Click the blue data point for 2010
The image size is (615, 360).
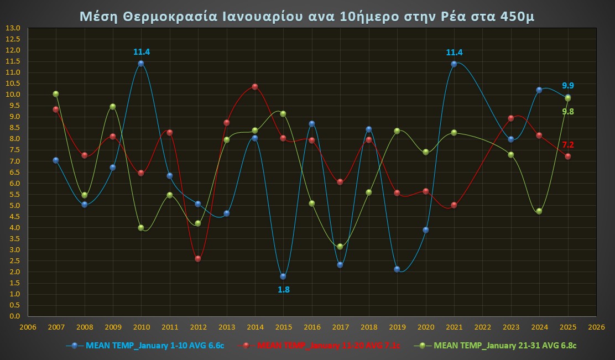[141, 64]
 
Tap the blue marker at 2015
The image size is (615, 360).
[283, 276]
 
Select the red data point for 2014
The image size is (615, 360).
[255, 87]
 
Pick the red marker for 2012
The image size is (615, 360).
[198, 259]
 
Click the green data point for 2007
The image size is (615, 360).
[56, 94]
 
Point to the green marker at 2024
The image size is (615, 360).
[539, 211]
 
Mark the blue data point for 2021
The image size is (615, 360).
[454, 64]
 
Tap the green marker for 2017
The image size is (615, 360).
[340, 247]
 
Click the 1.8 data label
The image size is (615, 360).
[284, 289]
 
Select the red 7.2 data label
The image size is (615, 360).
[568, 145]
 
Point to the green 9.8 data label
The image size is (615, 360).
[568, 112]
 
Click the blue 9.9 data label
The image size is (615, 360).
[568, 86]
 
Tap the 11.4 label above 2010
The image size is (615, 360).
[142, 52]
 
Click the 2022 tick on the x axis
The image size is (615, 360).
[482, 327]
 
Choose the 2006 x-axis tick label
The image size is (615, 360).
[28, 327]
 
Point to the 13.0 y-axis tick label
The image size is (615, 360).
[12, 28]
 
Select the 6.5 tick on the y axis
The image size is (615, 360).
[12, 172]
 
